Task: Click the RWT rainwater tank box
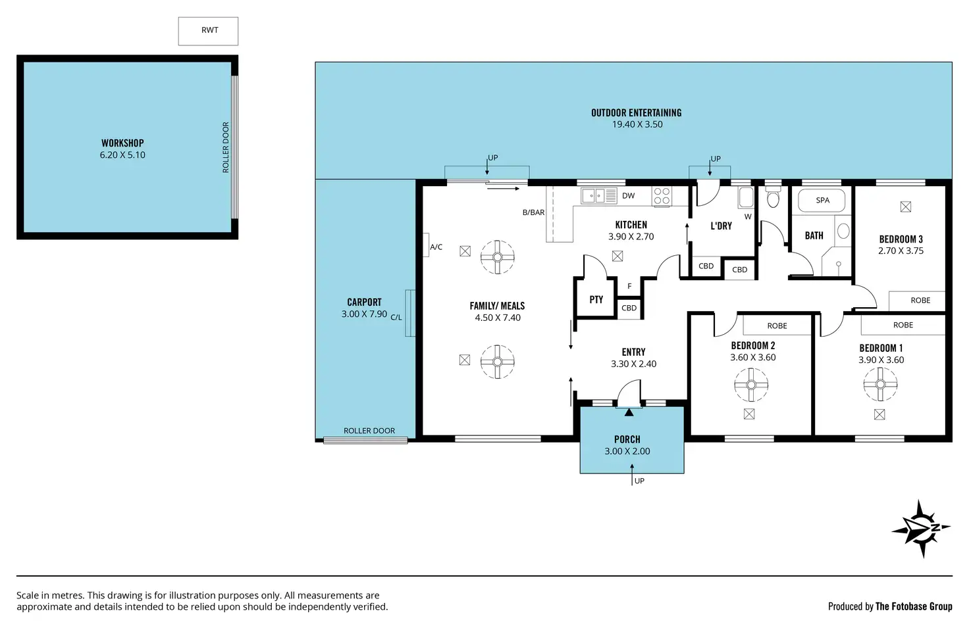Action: [x=208, y=31]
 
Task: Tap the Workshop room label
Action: [x=122, y=143]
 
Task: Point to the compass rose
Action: [x=921, y=528]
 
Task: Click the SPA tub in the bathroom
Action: [x=822, y=200]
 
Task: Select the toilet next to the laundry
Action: [x=773, y=197]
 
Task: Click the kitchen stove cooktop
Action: [x=662, y=196]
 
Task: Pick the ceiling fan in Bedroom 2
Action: [x=751, y=385]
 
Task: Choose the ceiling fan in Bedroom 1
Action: [x=880, y=384]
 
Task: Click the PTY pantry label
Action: [x=596, y=299]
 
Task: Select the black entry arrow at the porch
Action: [x=629, y=412]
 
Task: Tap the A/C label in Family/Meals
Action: [x=436, y=247]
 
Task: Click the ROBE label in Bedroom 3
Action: [x=920, y=301]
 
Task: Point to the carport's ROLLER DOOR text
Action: [x=369, y=431]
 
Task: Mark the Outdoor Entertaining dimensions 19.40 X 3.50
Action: [x=637, y=124]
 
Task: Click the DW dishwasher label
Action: [x=628, y=196]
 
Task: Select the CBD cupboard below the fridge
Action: [x=629, y=308]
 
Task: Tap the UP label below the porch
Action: [x=639, y=481]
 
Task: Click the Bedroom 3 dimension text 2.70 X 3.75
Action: [x=901, y=251]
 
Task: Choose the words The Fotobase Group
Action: [x=914, y=606]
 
